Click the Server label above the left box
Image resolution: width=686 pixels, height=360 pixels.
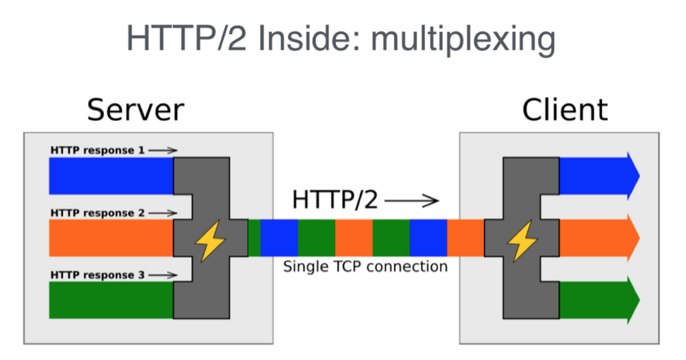pos(136,110)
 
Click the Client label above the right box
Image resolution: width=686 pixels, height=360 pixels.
pos(565,110)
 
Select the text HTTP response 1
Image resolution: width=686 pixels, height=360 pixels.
pos(97,150)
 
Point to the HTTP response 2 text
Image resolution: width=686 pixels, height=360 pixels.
pos(97,212)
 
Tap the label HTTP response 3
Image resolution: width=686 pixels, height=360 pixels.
pos(97,275)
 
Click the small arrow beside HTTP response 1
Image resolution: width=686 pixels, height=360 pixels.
pos(163,150)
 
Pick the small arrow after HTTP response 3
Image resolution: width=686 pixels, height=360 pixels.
pos(163,275)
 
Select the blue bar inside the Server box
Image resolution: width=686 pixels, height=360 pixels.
pos(111,176)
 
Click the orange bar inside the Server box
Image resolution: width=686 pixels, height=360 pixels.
pos(111,238)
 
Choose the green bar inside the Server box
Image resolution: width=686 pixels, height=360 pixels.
pos(111,300)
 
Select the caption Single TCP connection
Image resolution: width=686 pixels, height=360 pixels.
pos(365,267)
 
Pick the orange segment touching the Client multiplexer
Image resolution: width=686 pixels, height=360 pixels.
pos(465,238)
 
